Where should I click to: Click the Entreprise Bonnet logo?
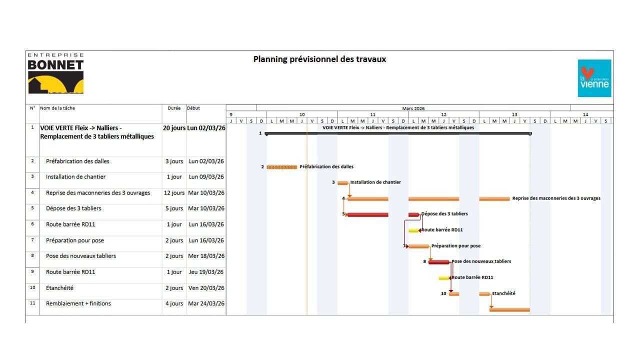(x=55, y=74)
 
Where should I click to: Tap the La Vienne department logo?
(x=594, y=78)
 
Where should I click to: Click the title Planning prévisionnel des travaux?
(x=319, y=59)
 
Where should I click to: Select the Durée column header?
(x=174, y=108)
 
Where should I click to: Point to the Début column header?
(x=193, y=108)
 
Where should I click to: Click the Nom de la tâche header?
(x=57, y=108)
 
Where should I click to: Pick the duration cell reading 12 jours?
(x=174, y=193)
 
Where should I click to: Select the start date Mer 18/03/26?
(x=206, y=256)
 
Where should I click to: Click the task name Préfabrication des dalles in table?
(x=77, y=161)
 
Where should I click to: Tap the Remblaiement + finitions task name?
(x=78, y=303)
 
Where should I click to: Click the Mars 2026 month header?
(x=413, y=108)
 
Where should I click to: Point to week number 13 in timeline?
(x=514, y=114)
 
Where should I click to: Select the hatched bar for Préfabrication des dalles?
(x=281, y=167)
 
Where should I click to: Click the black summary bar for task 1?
(x=397, y=133)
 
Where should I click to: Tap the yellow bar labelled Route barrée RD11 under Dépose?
(x=413, y=230)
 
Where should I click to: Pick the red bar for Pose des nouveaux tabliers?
(x=439, y=262)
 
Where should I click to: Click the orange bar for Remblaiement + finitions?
(x=509, y=309)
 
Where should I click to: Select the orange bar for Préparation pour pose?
(x=419, y=246)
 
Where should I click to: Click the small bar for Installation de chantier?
(x=342, y=183)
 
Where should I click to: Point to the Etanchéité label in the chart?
(x=503, y=293)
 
